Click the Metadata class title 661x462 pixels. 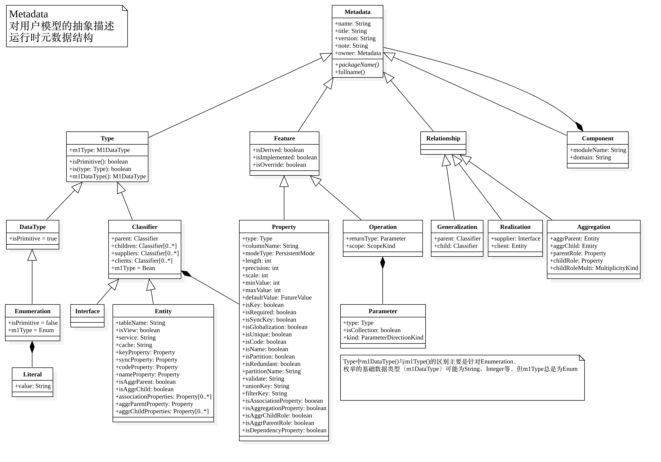[x=357, y=12]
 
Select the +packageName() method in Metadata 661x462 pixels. [x=357, y=65]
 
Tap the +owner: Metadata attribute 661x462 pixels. [x=358, y=53]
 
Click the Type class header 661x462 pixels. [x=107, y=138]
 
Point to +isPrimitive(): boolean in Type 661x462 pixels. [x=99, y=162]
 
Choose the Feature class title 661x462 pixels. [x=284, y=138]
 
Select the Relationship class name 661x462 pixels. [x=443, y=138]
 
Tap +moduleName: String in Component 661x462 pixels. [x=598, y=150]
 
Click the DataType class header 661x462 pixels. [x=32, y=227]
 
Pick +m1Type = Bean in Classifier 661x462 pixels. [x=133, y=268]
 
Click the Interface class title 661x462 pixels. [x=87, y=311]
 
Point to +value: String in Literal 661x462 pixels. [x=32, y=386]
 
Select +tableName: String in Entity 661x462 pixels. [x=140, y=323]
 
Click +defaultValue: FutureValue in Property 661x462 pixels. [x=277, y=297]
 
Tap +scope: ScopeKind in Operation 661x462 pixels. [x=370, y=246]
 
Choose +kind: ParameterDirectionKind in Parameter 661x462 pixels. [x=383, y=338]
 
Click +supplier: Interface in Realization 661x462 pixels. [x=515, y=238]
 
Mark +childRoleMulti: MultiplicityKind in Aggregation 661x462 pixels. [x=594, y=268]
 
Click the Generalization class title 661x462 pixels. [x=457, y=227]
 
